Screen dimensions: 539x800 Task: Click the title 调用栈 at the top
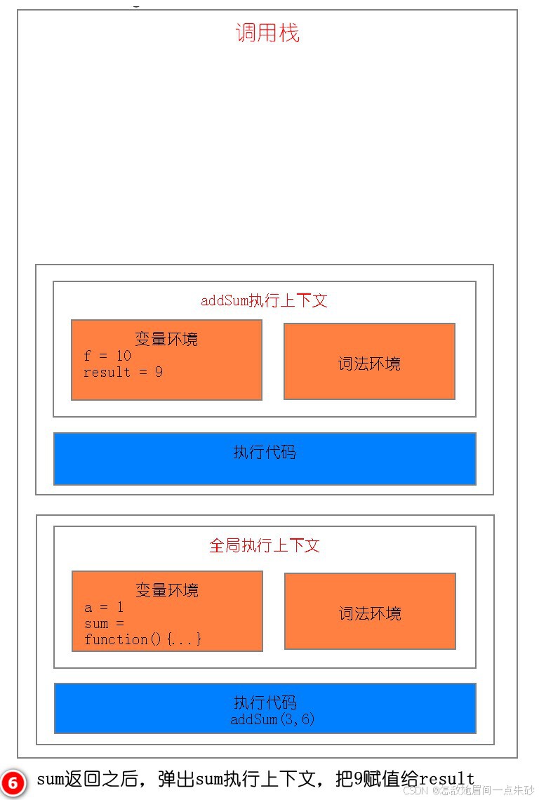pos(267,33)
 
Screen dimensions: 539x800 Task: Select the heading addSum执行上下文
pos(264,300)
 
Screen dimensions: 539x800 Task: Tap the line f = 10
pos(107,356)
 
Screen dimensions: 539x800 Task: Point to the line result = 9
pos(123,372)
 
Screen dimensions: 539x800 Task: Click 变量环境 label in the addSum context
pos(166,339)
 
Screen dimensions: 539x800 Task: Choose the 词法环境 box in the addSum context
pos(369,362)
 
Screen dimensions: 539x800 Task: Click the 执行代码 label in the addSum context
pos(265,452)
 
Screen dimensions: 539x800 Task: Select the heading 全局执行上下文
pos(265,545)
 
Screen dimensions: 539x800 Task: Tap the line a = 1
pos(104,607)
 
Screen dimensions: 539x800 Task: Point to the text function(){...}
pos(143,639)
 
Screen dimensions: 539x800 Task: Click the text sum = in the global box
pos(104,623)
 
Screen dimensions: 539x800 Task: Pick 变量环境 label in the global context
pos(167,589)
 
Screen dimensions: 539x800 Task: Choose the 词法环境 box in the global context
pos(370,612)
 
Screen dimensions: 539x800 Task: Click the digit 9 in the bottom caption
pos(357,779)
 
